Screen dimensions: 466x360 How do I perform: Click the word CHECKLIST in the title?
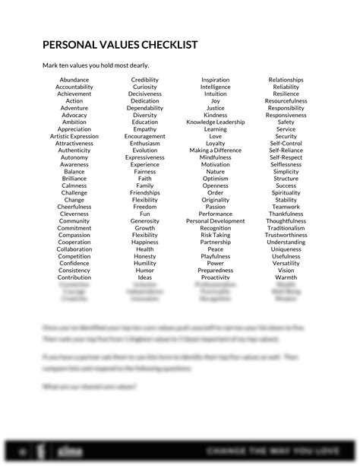point(162,45)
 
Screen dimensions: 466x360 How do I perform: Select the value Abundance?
point(74,80)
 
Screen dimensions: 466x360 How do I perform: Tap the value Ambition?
point(74,122)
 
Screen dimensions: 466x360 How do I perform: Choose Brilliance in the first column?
point(74,179)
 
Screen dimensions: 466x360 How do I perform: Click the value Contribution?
point(74,277)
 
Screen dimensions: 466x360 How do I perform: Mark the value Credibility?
point(145,80)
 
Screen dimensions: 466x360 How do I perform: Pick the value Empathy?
point(145,129)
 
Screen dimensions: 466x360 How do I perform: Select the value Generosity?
point(145,221)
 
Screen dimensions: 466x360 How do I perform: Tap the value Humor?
point(145,271)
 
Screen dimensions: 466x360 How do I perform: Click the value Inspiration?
point(216,80)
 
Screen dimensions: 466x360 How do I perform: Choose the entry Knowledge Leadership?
point(216,122)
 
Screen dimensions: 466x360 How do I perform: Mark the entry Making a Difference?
point(216,151)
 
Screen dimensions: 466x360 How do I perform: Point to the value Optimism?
point(216,179)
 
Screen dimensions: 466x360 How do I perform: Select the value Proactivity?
point(216,277)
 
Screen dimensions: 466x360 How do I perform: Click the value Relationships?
point(286,80)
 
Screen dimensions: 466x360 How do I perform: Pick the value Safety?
point(286,122)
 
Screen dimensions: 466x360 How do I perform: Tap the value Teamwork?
point(286,207)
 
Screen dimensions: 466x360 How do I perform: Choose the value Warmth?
point(286,277)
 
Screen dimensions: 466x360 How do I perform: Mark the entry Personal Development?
point(216,221)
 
